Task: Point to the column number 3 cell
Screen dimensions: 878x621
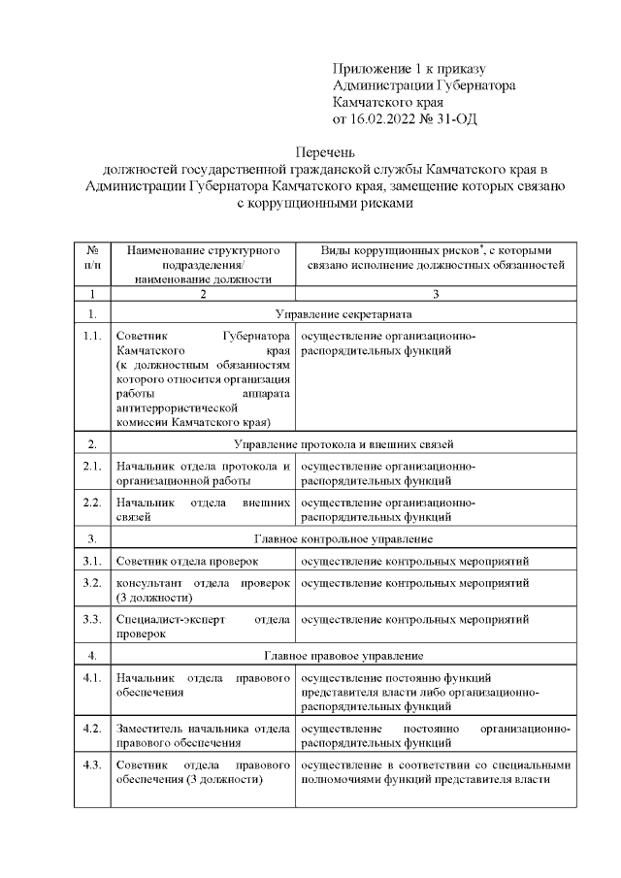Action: tap(436, 294)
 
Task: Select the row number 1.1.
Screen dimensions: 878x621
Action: tap(92, 336)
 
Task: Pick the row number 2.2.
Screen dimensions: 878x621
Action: tap(92, 503)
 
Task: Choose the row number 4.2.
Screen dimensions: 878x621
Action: tap(92, 728)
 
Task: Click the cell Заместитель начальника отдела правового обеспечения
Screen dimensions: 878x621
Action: tap(202, 735)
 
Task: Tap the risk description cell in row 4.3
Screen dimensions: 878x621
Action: tap(435, 772)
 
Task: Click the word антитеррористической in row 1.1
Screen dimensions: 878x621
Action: tap(176, 408)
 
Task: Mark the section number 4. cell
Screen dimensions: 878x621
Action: tap(92, 655)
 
